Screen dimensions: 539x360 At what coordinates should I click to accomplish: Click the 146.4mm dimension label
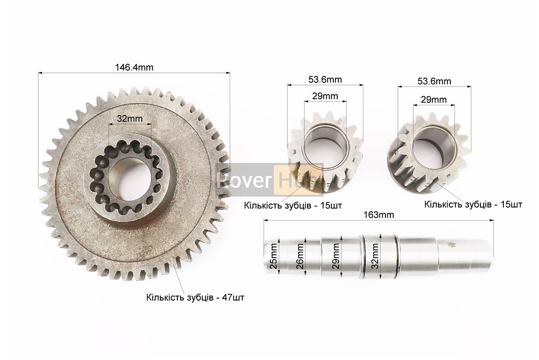tap(134, 67)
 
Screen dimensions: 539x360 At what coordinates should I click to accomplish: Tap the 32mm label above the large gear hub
tap(130, 118)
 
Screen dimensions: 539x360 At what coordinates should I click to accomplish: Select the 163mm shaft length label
tap(379, 215)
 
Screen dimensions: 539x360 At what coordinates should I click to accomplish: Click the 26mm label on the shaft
tap(300, 256)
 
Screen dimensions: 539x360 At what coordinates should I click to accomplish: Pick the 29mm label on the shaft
tap(336, 256)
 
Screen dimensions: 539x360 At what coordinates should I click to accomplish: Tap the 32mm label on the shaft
tap(375, 256)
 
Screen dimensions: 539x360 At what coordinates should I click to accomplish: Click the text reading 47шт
tap(233, 297)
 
